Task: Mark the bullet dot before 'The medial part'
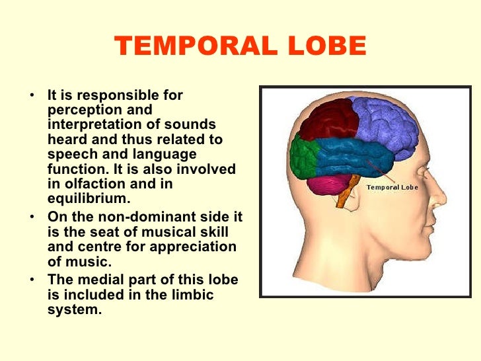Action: [x=32, y=280]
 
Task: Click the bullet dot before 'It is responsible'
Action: [x=32, y=96]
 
